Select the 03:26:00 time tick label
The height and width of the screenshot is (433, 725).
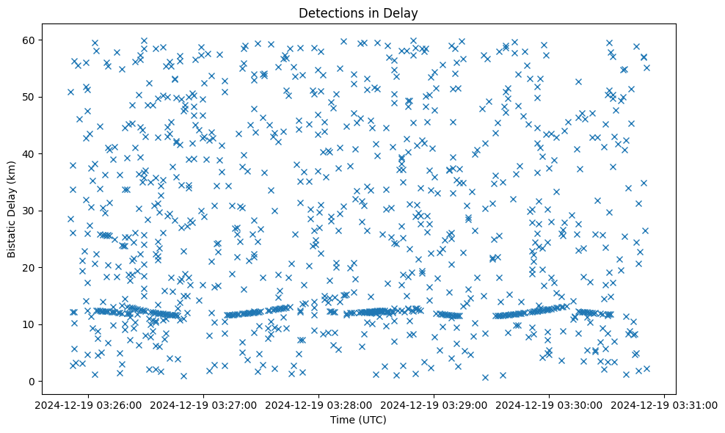88,404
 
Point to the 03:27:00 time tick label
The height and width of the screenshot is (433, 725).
203,404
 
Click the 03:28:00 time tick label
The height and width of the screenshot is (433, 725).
318,404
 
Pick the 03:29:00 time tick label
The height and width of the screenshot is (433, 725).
434,404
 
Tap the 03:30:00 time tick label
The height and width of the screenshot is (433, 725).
549,404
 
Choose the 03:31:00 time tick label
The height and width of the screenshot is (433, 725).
664,404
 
